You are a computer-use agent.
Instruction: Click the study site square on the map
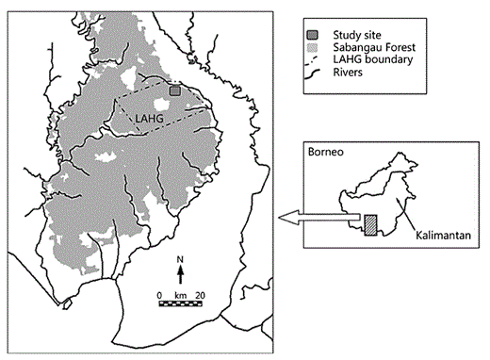click(x=175, y=90)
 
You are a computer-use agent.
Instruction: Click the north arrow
click(x=180, y=273)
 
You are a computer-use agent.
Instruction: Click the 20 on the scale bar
click(x=199, y=294)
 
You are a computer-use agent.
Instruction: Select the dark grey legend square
click(x=315, y=35)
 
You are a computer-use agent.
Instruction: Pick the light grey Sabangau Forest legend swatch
click(x=315, y=48)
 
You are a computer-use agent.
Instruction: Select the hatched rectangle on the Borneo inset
click(x=370, y=224)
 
